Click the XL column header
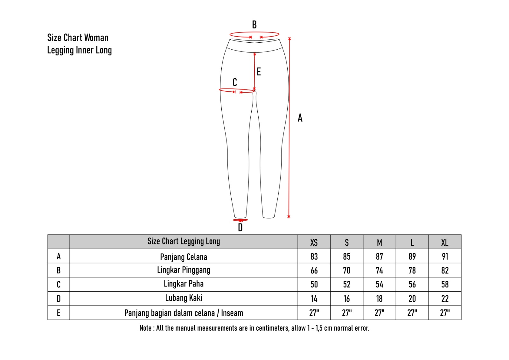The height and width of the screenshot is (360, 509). coord(444,243)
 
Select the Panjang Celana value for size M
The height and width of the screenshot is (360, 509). coord(379,257)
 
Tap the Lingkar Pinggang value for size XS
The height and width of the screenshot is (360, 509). coord(314,271)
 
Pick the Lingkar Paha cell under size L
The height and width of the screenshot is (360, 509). coord(412,285)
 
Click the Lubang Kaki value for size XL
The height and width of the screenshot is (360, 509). coord(445,299)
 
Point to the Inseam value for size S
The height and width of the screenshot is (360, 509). coord(346,313)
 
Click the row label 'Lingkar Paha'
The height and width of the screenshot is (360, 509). coord(184,284)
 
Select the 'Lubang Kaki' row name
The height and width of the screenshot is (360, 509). coord(184,298)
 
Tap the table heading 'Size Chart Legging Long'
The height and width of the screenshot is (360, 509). coord(184,241)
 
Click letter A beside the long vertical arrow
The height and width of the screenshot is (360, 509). coord(300,118)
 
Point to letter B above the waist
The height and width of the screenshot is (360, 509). coord(254,25)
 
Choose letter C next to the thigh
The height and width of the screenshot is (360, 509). coord(235,82)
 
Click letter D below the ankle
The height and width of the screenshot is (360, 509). coord(240,227)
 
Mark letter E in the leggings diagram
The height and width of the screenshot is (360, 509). coord(259,72)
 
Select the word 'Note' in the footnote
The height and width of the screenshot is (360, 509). coord(145,328)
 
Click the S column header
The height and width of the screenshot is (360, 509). coord(346,243)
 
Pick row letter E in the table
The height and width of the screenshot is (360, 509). coord(59,313)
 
